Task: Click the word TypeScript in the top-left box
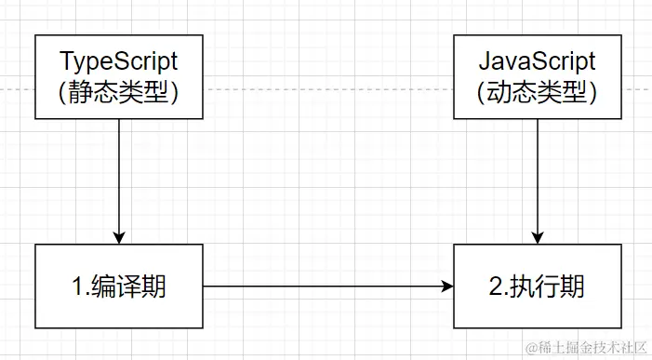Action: [119, 62]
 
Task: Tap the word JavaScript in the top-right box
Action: [537, 62]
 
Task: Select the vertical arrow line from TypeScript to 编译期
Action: [119, 177]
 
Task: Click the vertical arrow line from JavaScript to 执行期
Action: [538, 177]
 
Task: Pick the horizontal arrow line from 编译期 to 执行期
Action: [326, 287]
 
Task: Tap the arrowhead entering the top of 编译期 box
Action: [119, 237]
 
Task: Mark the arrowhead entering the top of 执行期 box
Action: [538, 237]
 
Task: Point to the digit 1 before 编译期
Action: [78, 287]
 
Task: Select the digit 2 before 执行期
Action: [496, 287]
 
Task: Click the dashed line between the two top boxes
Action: [326, 89]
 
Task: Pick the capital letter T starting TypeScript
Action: [66, 62]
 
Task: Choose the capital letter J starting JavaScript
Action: [485, 62]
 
